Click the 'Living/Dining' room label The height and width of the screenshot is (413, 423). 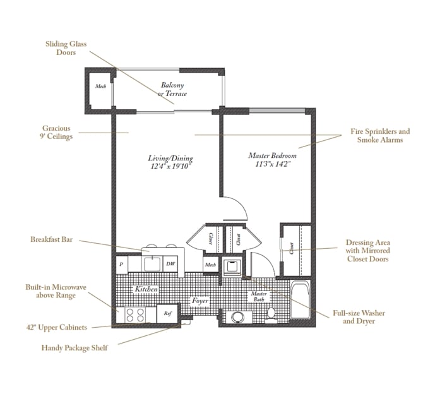coord(171,159)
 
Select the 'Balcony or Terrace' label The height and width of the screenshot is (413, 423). coord(172,89)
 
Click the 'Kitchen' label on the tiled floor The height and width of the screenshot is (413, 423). coord(145,289)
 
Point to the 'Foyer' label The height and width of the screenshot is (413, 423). coord(200,301)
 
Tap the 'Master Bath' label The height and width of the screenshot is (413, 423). coord(259,297)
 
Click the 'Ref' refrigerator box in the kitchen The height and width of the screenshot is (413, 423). coord(167,313)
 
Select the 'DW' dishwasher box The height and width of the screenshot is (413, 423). coord(170,264)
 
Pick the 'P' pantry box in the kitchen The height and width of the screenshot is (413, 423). coord(121,264)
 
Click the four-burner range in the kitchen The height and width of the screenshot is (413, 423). coord(134,314)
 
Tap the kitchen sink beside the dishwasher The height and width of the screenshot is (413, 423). coord(150,263)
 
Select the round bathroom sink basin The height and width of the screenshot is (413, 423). coord(237,316)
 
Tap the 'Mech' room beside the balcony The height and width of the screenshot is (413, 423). coord(100,87)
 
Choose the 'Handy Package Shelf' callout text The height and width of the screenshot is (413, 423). coord(74,347)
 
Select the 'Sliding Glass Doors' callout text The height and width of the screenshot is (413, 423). coord(66,49)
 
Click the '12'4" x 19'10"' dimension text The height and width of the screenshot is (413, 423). coord(170,167)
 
